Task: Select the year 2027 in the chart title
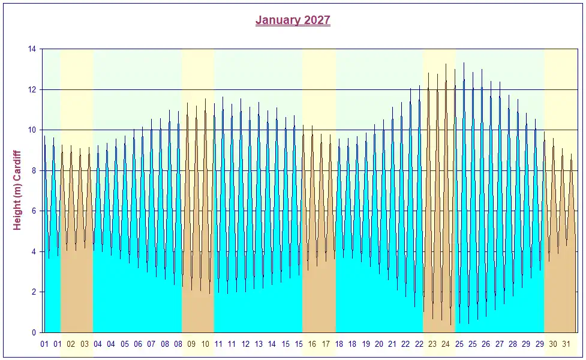coord(317,20)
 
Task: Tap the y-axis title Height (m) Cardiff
coord(17,190)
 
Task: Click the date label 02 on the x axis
coord(71,344)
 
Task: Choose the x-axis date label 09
coord(191,344)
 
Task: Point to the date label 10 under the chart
coord(205,344)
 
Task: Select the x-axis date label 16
coord(312,344)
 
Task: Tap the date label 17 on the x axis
coord(326,344)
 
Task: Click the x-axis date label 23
coord(432,344)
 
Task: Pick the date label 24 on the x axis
coord(446,344)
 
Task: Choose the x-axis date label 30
coord(553,344)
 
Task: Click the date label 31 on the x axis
coord(566,344)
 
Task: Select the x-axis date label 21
coord(392,344)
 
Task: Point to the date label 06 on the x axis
coord(138,344)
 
